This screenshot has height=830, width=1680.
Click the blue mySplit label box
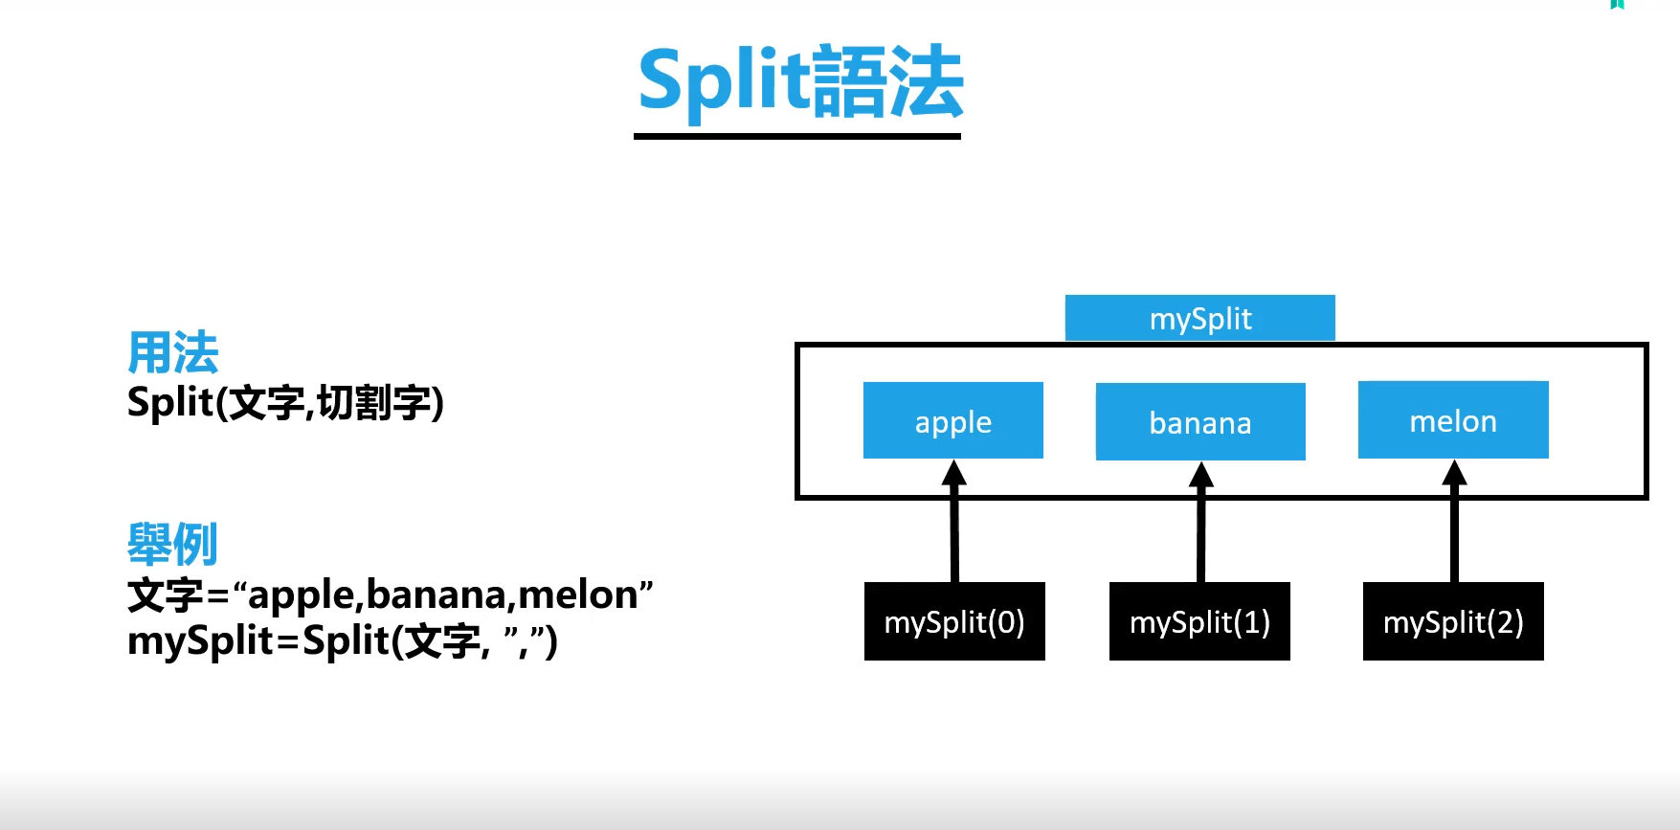[1199, 318]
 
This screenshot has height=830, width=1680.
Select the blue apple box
[952, 421]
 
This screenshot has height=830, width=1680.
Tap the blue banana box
[1199, 422]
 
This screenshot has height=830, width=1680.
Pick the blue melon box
[1452, 420]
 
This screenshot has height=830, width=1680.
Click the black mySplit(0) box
[953, 621]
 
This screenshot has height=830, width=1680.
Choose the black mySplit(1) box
[1199, 621]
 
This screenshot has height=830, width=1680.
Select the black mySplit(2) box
[1452, 621]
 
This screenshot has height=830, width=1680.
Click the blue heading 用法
[173, 352]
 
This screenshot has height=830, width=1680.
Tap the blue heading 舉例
[173, 544]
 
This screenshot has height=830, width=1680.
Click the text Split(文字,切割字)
[285, 402]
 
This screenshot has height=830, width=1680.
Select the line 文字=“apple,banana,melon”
[390, 594]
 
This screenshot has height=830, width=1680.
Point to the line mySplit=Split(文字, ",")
[342, 640]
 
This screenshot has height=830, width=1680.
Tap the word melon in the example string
[577, 594]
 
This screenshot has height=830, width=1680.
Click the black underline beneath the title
[796, 137]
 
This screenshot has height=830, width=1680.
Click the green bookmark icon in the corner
[1617, 4]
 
